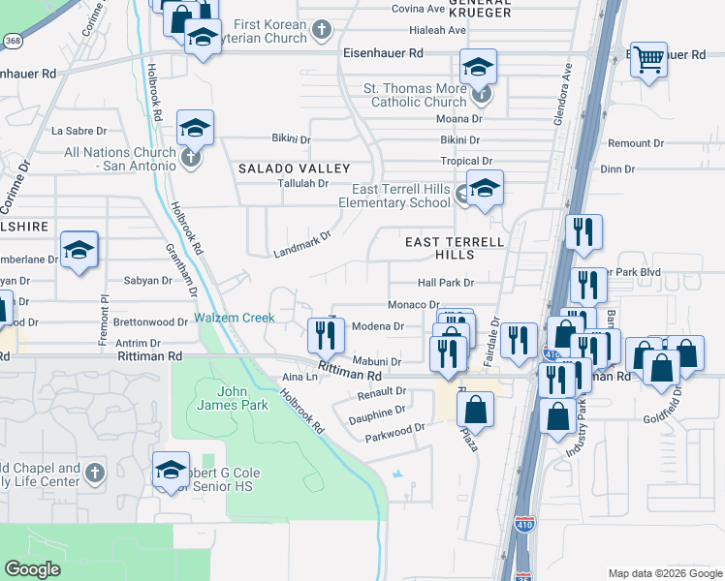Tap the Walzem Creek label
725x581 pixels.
click(x=234, y=318)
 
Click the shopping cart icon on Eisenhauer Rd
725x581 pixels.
click(x=648, y=60)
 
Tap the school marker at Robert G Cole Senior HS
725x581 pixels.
click(x=171, y=471)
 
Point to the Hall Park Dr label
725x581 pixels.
click(x=445, y=283)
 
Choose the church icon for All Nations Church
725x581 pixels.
click(x=190, y=156)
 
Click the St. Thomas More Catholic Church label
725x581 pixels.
click(x=415, y=95)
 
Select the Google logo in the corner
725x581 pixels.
click(x=33, y=569)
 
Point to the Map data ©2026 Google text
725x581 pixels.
click(x=664, y=573)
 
